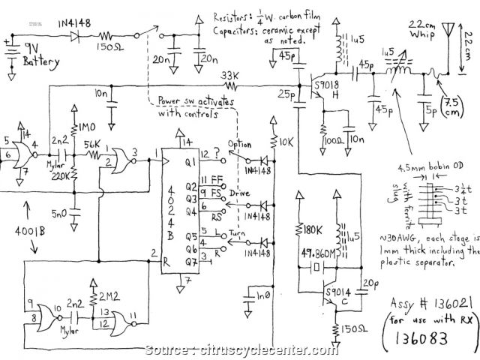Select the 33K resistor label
tap(230, 76)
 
